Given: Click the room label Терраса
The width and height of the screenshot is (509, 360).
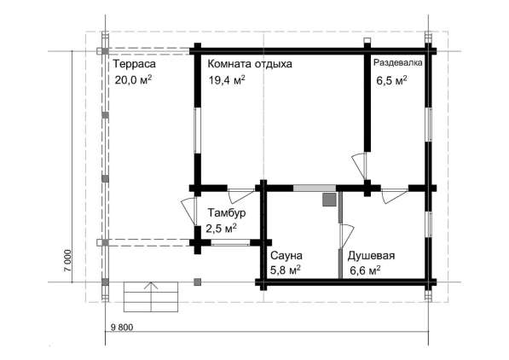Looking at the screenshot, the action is tap(135, 64).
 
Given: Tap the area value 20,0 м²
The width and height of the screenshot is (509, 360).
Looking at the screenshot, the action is tap(133, 79).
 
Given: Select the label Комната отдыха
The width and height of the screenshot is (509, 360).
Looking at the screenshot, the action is tap(250, 64).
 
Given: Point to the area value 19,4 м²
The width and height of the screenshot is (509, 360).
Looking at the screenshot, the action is tap(227, 79).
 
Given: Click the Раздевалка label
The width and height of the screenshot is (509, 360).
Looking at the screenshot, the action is tap(398, 62).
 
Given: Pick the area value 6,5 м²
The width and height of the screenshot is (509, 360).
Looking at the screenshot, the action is tap(392, 80).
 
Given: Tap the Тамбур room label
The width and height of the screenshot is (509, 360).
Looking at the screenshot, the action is tap(227, 212).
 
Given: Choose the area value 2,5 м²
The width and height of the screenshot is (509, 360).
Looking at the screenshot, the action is tap(221, 229).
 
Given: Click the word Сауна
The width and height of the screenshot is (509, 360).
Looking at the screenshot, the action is tap(286, 255).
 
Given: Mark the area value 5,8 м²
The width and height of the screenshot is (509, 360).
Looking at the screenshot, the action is tap(285, 270).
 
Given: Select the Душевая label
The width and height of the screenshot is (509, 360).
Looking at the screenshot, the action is tap(372, 256).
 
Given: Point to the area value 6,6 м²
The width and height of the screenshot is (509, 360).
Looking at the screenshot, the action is tap(366, 270).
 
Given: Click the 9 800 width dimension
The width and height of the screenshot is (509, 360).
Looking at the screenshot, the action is tap(122, 328).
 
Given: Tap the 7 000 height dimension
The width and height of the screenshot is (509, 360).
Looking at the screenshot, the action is tap(67, 262).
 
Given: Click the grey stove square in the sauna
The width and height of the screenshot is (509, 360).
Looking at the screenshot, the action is tap(329, 200).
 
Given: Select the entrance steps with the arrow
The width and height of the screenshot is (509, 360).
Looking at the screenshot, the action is tap(151, 297).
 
